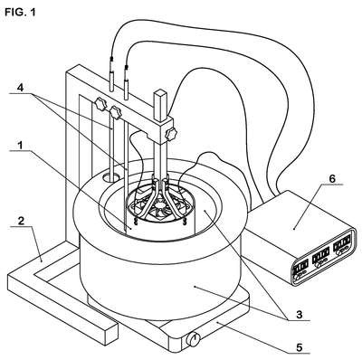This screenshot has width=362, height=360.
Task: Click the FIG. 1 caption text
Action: (20, 12)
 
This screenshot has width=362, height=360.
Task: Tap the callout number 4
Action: (20, 88)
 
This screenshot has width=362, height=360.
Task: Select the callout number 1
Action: (20, 145)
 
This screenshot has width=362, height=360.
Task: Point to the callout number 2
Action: (21, 221)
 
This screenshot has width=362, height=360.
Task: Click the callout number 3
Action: (299, 315)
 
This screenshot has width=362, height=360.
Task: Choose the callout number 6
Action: (331, 178)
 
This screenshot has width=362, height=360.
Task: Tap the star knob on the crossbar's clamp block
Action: (171, 133)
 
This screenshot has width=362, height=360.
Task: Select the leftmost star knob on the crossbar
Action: (100, 104)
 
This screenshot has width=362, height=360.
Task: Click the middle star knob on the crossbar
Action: (116, 112)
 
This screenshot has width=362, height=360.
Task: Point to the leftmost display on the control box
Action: (300, 266)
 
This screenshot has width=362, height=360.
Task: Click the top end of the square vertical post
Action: (160, 92)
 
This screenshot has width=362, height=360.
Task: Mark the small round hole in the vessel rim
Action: (110, 177)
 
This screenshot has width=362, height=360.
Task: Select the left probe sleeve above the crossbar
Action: (111, 80)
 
